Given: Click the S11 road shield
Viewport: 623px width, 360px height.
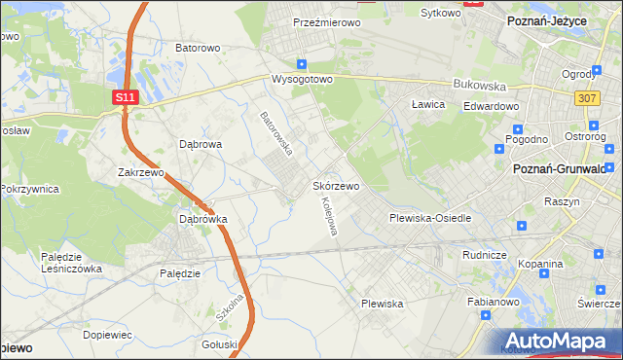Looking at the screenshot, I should [124, 97].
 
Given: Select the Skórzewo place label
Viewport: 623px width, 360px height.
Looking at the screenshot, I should [337, 185].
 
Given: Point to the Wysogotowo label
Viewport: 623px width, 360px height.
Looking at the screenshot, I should [302, 78].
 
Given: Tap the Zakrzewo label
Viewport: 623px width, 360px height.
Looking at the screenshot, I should [140, 172].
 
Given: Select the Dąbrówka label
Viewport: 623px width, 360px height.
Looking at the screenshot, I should [202, 219].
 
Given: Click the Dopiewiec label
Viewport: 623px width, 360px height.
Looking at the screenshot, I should [107, 334].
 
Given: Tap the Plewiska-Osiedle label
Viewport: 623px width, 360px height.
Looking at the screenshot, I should [430, 218].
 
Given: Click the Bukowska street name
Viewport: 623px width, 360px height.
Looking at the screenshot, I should [477, 85].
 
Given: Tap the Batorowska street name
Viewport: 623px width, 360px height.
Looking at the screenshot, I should [276, 134].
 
